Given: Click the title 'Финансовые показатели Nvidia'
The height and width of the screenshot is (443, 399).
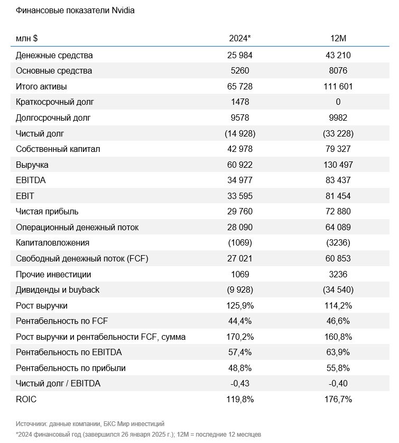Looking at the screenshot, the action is pyautogui.click(x=75, y=11).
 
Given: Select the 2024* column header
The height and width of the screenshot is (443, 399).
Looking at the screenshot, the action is pyautogui.click(x=240, y=38).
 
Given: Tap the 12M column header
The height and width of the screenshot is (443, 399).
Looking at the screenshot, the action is pyautogui.click(x=338, y=38).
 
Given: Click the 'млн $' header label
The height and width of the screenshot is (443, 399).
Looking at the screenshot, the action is pyautogui.click(x=27, y=38).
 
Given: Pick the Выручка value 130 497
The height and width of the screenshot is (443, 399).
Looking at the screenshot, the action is pyautogui.click(x=338, y=165).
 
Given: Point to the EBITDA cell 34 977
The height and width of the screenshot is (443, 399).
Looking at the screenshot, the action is pyautogui.click(x=240, y=180).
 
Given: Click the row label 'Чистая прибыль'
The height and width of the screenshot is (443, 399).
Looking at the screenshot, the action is pyautogui.click(x=47, y=212).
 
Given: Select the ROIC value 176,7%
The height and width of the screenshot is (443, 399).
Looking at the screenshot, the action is pyautogui.click(x=338, y=399).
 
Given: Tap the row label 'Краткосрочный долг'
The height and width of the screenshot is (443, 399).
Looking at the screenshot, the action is pyautogui.click(x=55, y=102).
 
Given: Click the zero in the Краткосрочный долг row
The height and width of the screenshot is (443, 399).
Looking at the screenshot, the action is pyautogui.click(x=338, y=102).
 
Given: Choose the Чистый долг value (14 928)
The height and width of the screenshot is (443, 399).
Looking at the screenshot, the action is pyautogui.click(x=240, y=133).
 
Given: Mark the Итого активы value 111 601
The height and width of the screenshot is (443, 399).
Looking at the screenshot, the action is pyautogui.click(x=338, y=86).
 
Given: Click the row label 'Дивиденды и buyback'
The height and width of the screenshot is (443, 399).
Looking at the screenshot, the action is pyautogui.click(x=58, y=290).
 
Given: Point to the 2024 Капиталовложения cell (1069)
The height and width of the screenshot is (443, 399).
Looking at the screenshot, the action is pyautogui.click(x=240, y=243).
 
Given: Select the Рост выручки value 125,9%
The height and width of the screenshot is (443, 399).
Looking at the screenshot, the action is pyautogui.click(x=240, y=306).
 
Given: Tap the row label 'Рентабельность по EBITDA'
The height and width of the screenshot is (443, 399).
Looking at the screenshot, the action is pyautogui.click(x=69, y=352).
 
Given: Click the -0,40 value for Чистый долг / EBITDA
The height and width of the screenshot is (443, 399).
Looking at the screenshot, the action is pyautogui.click(x=338, y=383).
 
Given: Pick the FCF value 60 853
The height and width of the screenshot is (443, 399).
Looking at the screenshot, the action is pyautogui.click(x=338, y=258).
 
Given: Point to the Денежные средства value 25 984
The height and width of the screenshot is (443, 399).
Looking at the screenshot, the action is pyautogui.click(x=240, y=55).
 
